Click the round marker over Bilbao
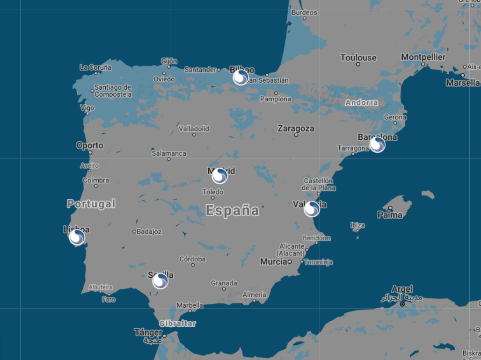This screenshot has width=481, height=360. [x=241, y=77]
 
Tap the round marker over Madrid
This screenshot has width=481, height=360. [x=219, y=176]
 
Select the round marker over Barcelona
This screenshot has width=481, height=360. [x=377, y=144]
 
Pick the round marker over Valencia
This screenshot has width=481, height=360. [x=312, y=209]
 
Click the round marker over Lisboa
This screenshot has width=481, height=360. [x=77, y=237]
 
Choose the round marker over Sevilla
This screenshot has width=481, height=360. [x=160, y=281]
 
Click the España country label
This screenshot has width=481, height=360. [x=232, y=210]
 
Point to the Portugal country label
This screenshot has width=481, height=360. [x=91, y=204]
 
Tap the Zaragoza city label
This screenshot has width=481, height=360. [x=296, y=128]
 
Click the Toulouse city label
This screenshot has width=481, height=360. [x=358, y=58]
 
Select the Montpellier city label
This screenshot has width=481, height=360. [x=423, y=57]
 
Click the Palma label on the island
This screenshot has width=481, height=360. [x=390, y=215]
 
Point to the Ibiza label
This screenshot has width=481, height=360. [x=357, y=225]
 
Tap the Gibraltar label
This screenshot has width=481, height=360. [x=177, y=324]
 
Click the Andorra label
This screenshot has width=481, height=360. [x=361, y=102]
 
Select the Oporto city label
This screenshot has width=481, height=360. [x=90, y=146]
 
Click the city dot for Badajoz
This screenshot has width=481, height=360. [x=134, y=231]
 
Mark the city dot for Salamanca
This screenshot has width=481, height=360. [x=169, y=159]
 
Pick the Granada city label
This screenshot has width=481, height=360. [x=224, y=283]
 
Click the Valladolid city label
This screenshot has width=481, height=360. [x=194, y=129]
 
